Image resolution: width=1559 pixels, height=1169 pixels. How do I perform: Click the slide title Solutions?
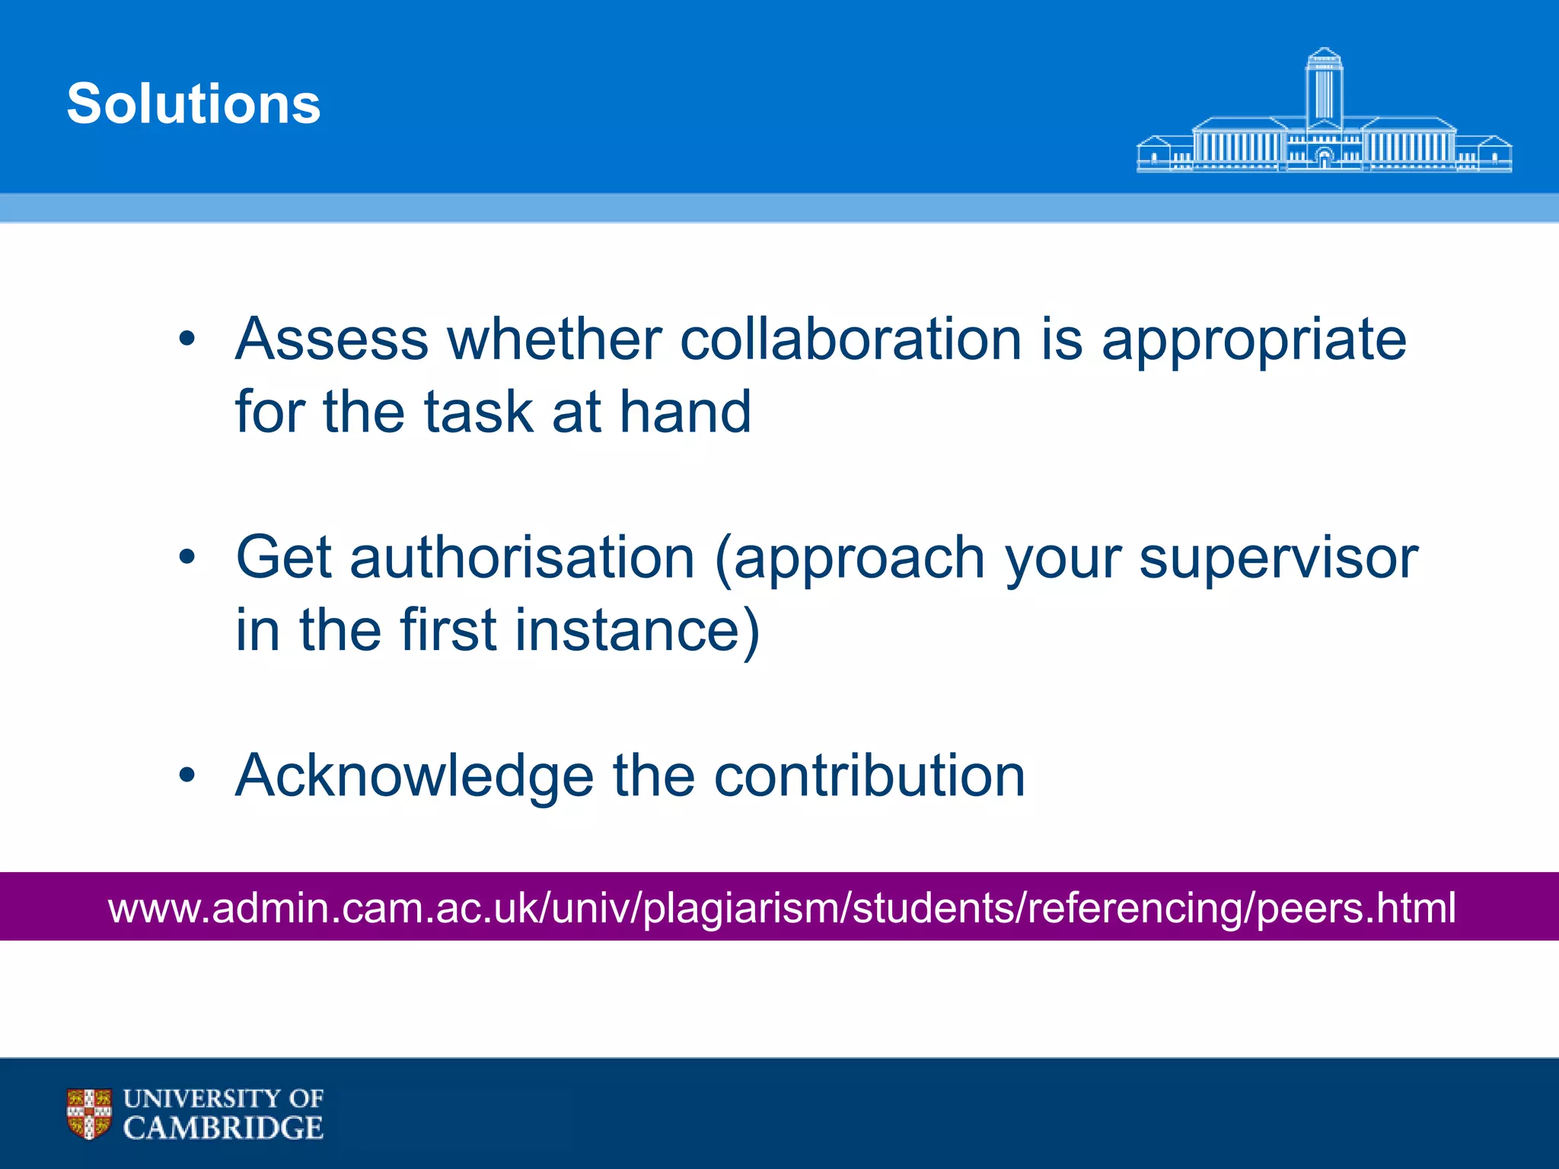(193, 104)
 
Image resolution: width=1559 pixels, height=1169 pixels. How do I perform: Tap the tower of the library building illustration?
(1324, 88)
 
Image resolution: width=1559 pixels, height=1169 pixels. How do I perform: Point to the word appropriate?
(1254, 340)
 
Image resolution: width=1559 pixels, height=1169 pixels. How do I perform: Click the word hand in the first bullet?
(685, 412)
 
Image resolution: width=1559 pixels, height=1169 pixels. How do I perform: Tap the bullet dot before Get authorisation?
(187, 557)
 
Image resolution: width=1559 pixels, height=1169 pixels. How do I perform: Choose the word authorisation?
(522, 557)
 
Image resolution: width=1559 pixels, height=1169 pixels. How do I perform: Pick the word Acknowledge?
(414, 776)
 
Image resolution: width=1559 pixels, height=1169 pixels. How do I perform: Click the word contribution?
(869, 776)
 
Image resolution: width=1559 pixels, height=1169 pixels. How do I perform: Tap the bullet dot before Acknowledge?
(187, 776)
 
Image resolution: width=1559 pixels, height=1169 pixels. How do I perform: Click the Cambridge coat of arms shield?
(89, 1113)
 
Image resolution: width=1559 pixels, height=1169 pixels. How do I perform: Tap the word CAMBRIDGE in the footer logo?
(223, 1128)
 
